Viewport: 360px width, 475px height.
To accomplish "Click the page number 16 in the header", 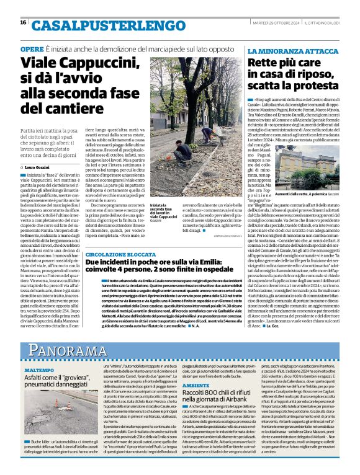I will click(x=23, y=22).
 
